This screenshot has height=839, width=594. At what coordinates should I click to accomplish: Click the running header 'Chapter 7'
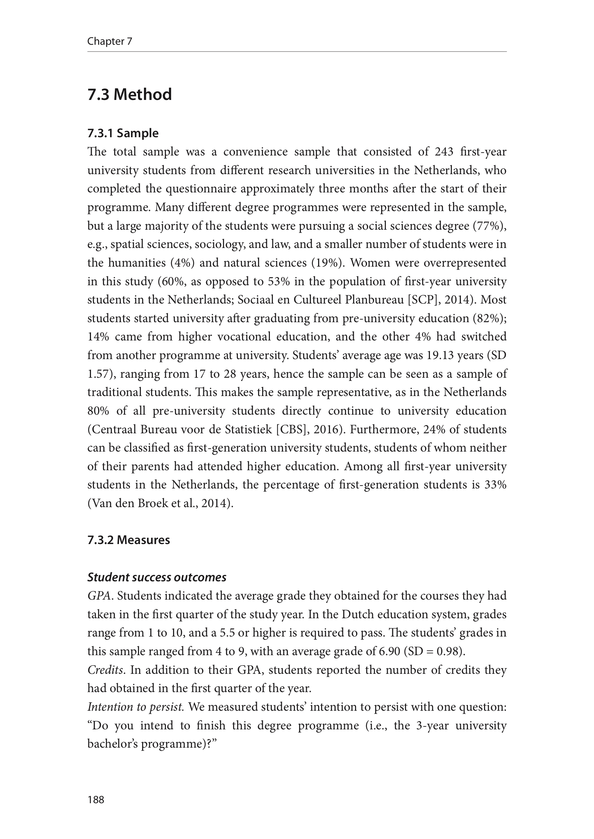(x=110, y=41)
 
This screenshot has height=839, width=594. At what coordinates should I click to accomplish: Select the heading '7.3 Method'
(x=129, y=94)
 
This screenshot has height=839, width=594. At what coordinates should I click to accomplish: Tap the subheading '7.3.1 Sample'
(x=123, y=133)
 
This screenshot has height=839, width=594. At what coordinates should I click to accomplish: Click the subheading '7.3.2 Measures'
(x=128, y=540)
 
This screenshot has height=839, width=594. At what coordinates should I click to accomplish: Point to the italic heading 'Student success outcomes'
(x=157, y=577)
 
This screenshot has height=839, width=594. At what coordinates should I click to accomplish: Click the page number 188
(x=96, y=799)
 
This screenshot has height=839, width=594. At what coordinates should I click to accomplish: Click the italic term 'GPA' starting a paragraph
(x=99, y=596)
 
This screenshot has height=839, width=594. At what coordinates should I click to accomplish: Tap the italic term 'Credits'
(x=105, y=670)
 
